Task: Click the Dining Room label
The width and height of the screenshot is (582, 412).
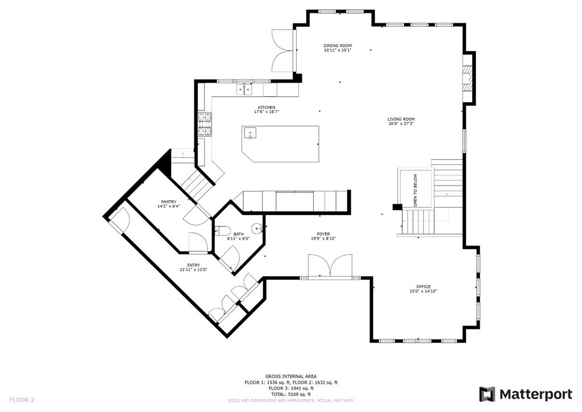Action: tap(338, 46)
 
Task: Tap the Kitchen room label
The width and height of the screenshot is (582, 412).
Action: tap(267, 108)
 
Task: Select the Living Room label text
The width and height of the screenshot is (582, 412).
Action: tap(401, 120)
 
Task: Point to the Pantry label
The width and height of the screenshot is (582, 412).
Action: tap(168, 201)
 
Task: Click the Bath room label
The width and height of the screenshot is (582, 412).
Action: tap(238, 234)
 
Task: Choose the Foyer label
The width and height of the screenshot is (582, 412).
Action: tap(323, 234)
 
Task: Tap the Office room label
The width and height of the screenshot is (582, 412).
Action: tap(423, 286)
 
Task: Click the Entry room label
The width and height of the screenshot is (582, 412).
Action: tap(193, 265)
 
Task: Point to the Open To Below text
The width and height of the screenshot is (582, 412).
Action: tap(415, 190)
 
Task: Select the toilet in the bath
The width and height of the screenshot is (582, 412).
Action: tap(223, 230)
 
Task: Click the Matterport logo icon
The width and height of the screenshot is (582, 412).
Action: tap(487, 394)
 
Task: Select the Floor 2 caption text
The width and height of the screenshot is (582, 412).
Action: tap(22, 400)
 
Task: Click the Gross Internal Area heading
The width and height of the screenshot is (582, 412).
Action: tap(291, 376)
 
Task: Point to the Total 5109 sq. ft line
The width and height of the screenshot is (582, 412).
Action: tap(291, 394)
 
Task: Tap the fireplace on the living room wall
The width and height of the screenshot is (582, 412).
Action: tap(468, 77)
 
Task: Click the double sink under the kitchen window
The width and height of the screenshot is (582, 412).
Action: tap(244, 89)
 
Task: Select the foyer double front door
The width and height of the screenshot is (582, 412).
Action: tap(330, 266)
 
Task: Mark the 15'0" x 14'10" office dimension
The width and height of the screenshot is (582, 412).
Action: tap(423, 291)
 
